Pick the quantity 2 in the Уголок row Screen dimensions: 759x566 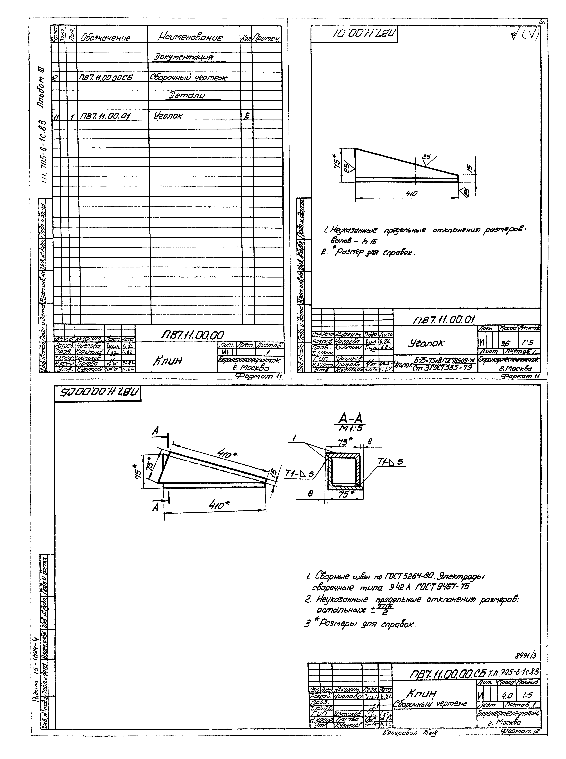[246, 116]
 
